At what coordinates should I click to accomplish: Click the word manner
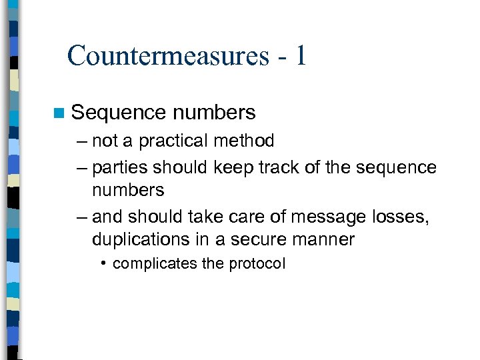pyautogui.click(x=325, y=239)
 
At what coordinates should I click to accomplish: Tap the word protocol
pyautogui.click(x=257, y=264)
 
